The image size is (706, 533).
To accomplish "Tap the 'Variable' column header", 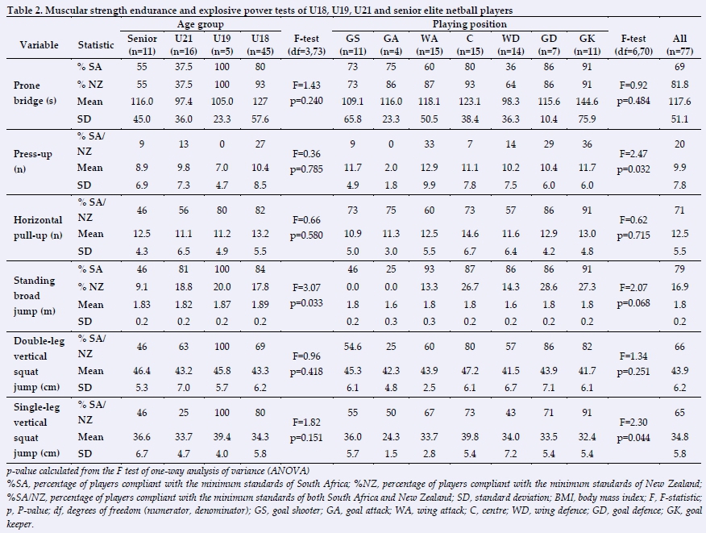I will (x=38, y=45).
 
